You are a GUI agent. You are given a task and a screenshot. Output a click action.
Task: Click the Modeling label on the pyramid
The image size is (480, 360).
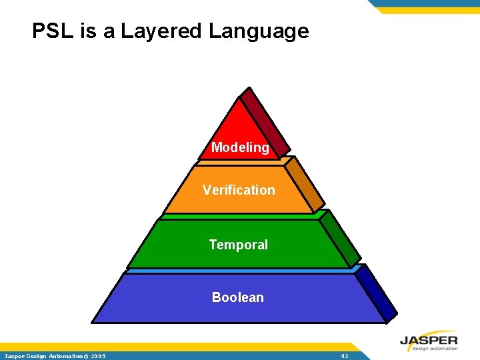(240, 147)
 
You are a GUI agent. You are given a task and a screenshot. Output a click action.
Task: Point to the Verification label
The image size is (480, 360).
(239, 190)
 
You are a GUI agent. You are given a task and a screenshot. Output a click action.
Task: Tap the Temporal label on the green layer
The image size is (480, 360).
(238, 245)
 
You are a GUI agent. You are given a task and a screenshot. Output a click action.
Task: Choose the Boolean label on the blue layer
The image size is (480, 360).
(238, 297)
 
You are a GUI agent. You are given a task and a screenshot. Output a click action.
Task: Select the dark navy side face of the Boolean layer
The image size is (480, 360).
(377, 293)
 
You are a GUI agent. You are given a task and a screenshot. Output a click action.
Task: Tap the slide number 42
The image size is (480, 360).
(344, 357)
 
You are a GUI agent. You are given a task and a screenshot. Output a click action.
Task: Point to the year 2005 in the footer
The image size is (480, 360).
(99, 357)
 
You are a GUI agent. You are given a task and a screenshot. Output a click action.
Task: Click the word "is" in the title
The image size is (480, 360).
(89, 31)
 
